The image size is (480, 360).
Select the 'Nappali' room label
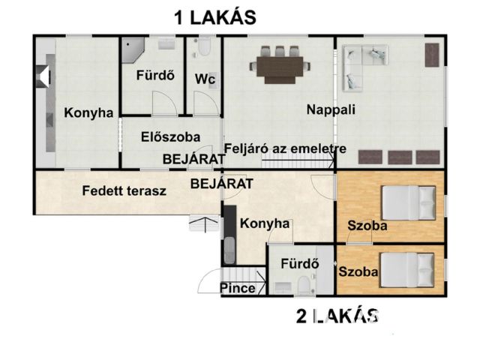pyautogui.click(x=331, y=109)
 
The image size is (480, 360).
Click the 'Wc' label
pyautogui.click(x=203, y=78)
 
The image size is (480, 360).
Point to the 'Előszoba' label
pyautogui.click(x=170, y=137)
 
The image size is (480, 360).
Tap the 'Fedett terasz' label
pyautogui.click(x=124, y=190)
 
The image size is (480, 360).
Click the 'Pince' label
pyautogui.click(x=238, y=288)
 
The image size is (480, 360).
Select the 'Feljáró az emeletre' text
pyautogui.click(x=285, y=148)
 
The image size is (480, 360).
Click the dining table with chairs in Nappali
pyautogui.click(x=280, y=64)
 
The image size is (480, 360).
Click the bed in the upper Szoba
pyautogui.click(x=408, y=201)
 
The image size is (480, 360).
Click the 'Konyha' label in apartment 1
pyautogui.click(x=88, y=113)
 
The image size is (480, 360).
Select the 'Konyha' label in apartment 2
pyautogui.click(x=264, y=223)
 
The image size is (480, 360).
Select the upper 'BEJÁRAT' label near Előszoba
pyautogui.click(x=194, y=159)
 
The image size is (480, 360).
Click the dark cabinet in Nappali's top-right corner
pyautogui.click(x=431, y=55)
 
